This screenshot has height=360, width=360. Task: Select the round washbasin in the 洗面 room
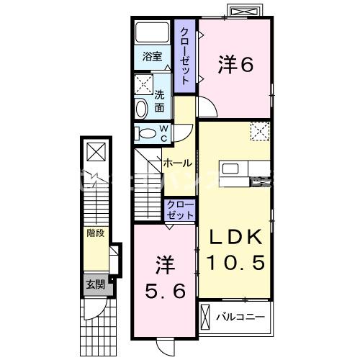pos(141,108)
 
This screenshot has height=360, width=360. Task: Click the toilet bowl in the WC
pos(146,133)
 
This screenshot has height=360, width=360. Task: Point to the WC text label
pos(163,133)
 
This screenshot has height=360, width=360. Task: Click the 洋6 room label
pos(235,65)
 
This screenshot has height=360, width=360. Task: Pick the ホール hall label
pos(177,163)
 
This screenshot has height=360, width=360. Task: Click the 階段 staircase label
pos(95,233)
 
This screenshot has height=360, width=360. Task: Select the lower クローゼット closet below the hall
pos(181,210)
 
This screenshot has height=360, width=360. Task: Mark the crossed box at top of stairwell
pos(95,151)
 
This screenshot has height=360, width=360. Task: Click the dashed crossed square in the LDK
pos(259,131)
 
